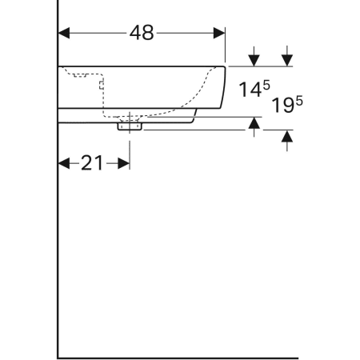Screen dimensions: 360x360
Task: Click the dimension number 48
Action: [x=142, y=33]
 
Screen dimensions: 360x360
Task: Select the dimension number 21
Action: [x=93, y=163]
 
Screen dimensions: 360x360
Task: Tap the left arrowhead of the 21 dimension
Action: [x=65, y=163]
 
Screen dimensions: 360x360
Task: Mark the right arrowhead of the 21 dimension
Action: [x=123, y=163]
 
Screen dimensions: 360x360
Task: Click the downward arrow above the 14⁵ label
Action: [x=254, y=58]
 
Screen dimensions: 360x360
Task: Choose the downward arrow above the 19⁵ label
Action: [x=287, y=58]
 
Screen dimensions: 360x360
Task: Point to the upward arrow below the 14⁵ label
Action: [x=254, y=123]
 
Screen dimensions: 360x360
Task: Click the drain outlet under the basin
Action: [x=129, y=124]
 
